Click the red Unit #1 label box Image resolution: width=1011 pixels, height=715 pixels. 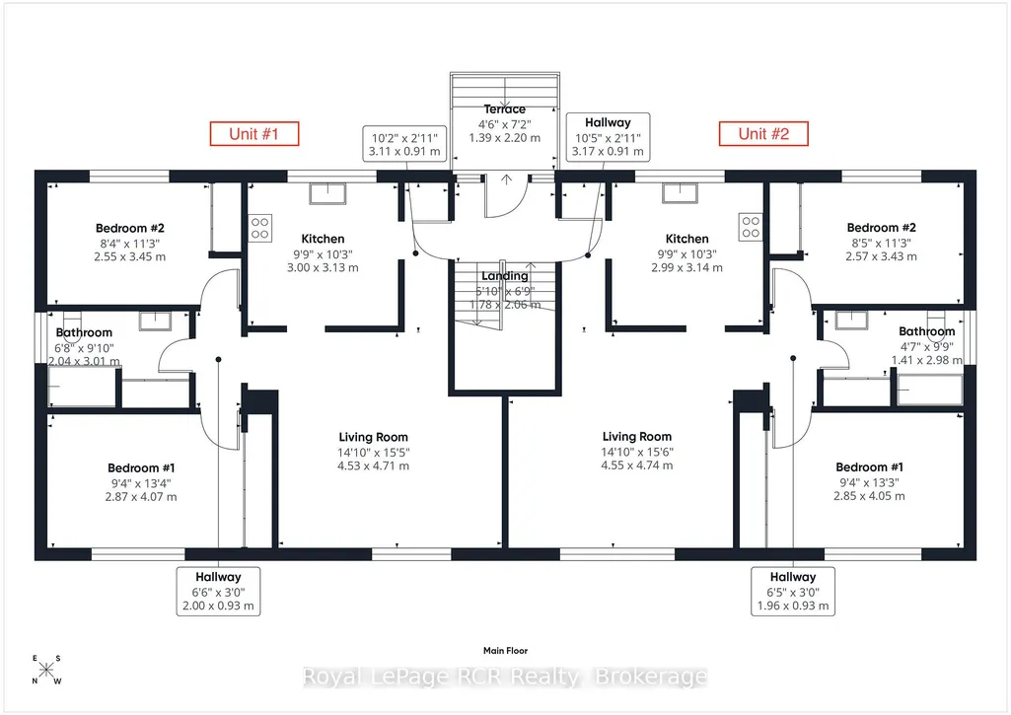[254, 134]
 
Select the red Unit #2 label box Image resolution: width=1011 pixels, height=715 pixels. [763, 134]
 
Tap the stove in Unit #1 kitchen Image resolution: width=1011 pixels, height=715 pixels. [259, 228]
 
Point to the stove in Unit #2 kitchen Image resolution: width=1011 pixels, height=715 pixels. [751, 227]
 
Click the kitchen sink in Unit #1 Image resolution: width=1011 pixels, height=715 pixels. [327, 193]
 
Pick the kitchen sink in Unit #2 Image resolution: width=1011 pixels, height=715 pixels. [679, 192]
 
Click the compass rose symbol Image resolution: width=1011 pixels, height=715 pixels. [46, 670]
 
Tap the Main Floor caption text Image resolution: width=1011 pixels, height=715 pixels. [505, 651]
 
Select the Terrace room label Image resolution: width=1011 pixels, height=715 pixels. [505, 109]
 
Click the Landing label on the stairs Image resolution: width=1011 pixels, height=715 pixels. [505, 276]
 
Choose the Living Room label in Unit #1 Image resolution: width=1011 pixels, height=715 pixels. [373, 437]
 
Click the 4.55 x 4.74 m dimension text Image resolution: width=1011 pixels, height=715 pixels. [637, 465]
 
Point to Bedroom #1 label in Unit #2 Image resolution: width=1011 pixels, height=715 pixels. [869, 467]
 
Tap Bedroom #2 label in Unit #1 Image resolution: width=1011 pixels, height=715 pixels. [130, 228]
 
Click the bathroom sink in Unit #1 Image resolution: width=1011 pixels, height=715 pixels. [156, 321]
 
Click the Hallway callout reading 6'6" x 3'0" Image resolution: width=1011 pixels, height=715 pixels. [219, 592]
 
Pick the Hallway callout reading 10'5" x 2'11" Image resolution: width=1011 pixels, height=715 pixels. [608, 137]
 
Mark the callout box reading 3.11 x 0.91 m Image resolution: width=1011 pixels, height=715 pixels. [405, 144]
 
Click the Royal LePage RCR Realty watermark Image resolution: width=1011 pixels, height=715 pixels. [505, 677]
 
